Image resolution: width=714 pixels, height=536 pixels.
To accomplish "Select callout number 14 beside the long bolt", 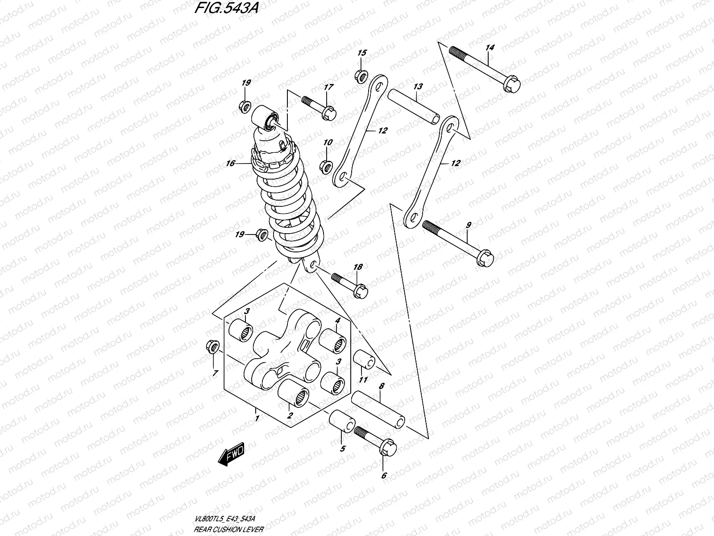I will [x=490, y=47].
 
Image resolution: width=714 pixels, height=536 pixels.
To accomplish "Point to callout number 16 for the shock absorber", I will [x=230, y=164].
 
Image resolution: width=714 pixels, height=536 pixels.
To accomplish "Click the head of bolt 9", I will [x=486, y=258].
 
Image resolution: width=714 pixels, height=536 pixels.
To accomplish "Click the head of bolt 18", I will [x=360, y=292].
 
